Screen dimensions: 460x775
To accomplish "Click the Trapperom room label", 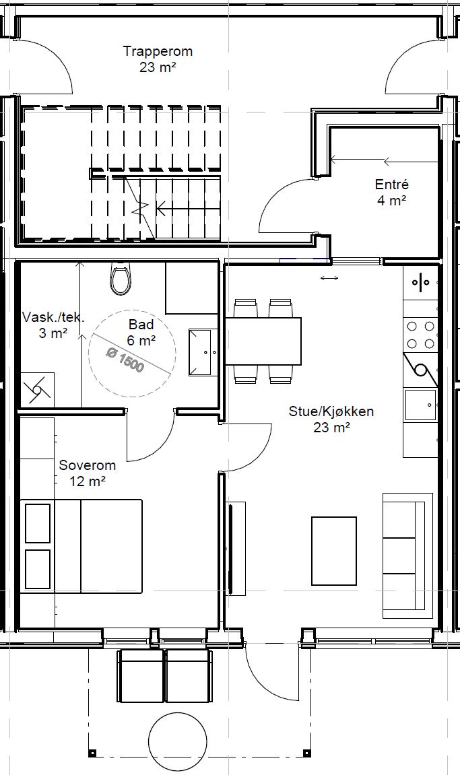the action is [x=158, y=51].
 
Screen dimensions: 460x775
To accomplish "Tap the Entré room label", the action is [x=392, y=185].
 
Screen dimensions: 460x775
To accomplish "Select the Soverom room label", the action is [x=88, y=465].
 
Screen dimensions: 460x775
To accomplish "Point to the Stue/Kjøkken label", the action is [x=331, y=411].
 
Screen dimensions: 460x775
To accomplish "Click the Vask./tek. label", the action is [x=53, y=317].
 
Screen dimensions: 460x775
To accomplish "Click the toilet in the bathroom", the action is [x=120, y=279].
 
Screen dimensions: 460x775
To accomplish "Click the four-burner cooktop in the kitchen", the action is [x=420, y=335].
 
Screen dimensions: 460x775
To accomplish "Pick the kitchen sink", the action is [x=421, y=405].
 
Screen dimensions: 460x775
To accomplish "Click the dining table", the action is [x=263, y=341].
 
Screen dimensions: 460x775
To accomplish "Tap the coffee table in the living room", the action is [x=334, y=551].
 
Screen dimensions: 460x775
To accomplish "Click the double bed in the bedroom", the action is [x=81, y=546].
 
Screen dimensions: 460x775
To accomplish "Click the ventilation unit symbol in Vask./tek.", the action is [x=37, y=389].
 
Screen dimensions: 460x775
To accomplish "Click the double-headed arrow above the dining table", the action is [x=329, y=278].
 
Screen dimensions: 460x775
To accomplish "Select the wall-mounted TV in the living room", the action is [x=230, y=549].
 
